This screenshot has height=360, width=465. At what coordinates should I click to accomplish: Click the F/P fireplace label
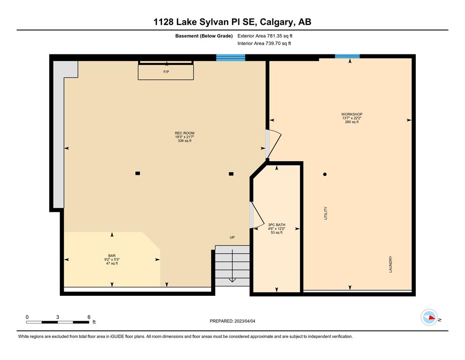166,72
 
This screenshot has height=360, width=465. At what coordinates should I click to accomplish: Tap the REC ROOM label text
185,133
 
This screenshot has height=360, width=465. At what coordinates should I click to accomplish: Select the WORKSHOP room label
352,114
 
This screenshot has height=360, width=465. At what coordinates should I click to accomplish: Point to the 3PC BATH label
277,225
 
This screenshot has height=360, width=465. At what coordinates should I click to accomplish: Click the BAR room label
112,256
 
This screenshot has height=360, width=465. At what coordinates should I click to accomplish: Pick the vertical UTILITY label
325,213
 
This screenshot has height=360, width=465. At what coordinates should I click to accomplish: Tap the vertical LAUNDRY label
391,264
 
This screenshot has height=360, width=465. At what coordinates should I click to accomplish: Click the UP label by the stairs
232,238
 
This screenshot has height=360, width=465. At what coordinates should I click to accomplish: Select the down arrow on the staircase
232,266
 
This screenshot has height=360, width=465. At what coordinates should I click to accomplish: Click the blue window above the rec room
231,58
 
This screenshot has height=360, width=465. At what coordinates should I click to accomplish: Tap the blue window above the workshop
347,56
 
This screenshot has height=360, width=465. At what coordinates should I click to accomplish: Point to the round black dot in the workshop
325,174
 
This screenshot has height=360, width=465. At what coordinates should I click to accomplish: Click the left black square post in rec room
138,173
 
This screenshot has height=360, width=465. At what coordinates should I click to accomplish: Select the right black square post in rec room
231,174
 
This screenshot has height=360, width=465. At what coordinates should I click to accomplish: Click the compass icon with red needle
429,317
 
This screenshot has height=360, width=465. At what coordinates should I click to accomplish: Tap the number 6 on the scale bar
89,317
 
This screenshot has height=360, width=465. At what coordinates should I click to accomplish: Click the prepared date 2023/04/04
244,321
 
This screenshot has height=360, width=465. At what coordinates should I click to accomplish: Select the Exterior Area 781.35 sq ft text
265,36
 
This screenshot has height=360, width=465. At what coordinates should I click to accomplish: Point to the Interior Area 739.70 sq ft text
264,43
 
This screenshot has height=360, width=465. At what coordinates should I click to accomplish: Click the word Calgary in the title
277,22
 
